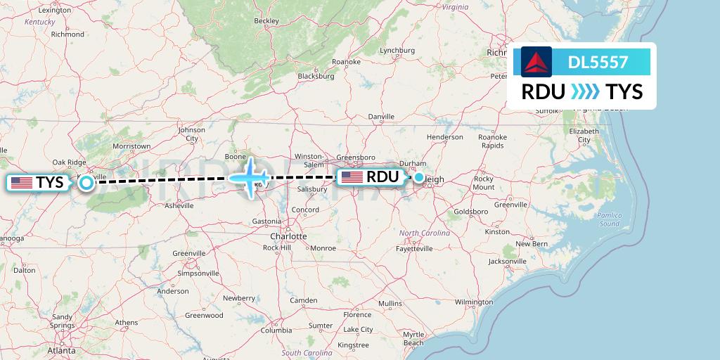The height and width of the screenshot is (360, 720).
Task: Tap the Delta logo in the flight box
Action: point(536,61)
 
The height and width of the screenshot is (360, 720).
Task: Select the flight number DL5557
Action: point(598,62)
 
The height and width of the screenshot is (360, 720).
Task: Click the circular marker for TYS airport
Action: point(86,183)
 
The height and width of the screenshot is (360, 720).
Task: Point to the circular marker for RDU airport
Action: point(419,177)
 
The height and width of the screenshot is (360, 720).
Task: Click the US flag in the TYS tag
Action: point(22,183)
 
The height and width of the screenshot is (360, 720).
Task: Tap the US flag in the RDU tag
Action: point(352,177)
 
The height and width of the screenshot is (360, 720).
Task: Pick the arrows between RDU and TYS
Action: point(585,91)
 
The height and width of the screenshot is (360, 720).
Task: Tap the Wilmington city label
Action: point(473,302)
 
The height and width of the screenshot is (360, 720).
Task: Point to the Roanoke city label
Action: point(346,62)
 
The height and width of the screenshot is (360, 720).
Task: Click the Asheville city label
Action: point(179,205)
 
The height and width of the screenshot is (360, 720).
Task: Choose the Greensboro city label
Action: point(355,157)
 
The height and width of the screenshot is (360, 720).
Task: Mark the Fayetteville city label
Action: point(415,248)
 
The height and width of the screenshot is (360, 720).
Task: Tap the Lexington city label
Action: point(56,11)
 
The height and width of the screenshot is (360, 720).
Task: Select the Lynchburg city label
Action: point(397,50)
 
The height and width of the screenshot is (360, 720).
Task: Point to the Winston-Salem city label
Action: point(309,160)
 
